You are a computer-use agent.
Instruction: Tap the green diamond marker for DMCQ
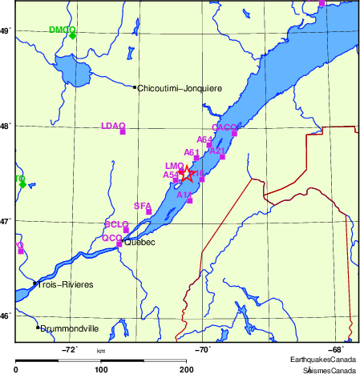pyautogui.click(x=72, y=35)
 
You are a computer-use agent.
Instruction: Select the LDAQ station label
pyautogui.click(x=113, y=126)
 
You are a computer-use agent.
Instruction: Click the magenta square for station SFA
pyautogui.click(x=149, y=212)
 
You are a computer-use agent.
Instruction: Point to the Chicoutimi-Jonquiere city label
pyautogui.click(x=180, y=88)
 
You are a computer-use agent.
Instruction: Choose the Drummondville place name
pyautogui.click(x=70, y=328)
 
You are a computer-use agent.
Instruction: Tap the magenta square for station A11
pyautogui.click(x=189, y=200)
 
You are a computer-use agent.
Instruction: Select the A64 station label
pyautogui.click(x=204, y=139)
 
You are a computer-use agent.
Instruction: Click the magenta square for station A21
pyautogui.click(x=222, y=157)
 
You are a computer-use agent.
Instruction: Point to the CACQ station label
pyautogui.click(x=224, y=127)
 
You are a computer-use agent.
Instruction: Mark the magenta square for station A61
pyautogui.click(x=196, y=159)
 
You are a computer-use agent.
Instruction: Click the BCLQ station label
pyautogui.click(x=117, y=224)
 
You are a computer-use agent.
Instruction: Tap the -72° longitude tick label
pyautogui.click(x=70, y=349)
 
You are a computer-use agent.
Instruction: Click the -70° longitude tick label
pyautogui.click(x=203, y=349)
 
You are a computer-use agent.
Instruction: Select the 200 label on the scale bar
pyautogui.click(x=187, y=369)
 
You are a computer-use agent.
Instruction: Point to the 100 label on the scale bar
pyautogui.click(x=101, y=369)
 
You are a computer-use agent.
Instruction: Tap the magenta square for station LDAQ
pyautogui.click(x=123, y=131)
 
